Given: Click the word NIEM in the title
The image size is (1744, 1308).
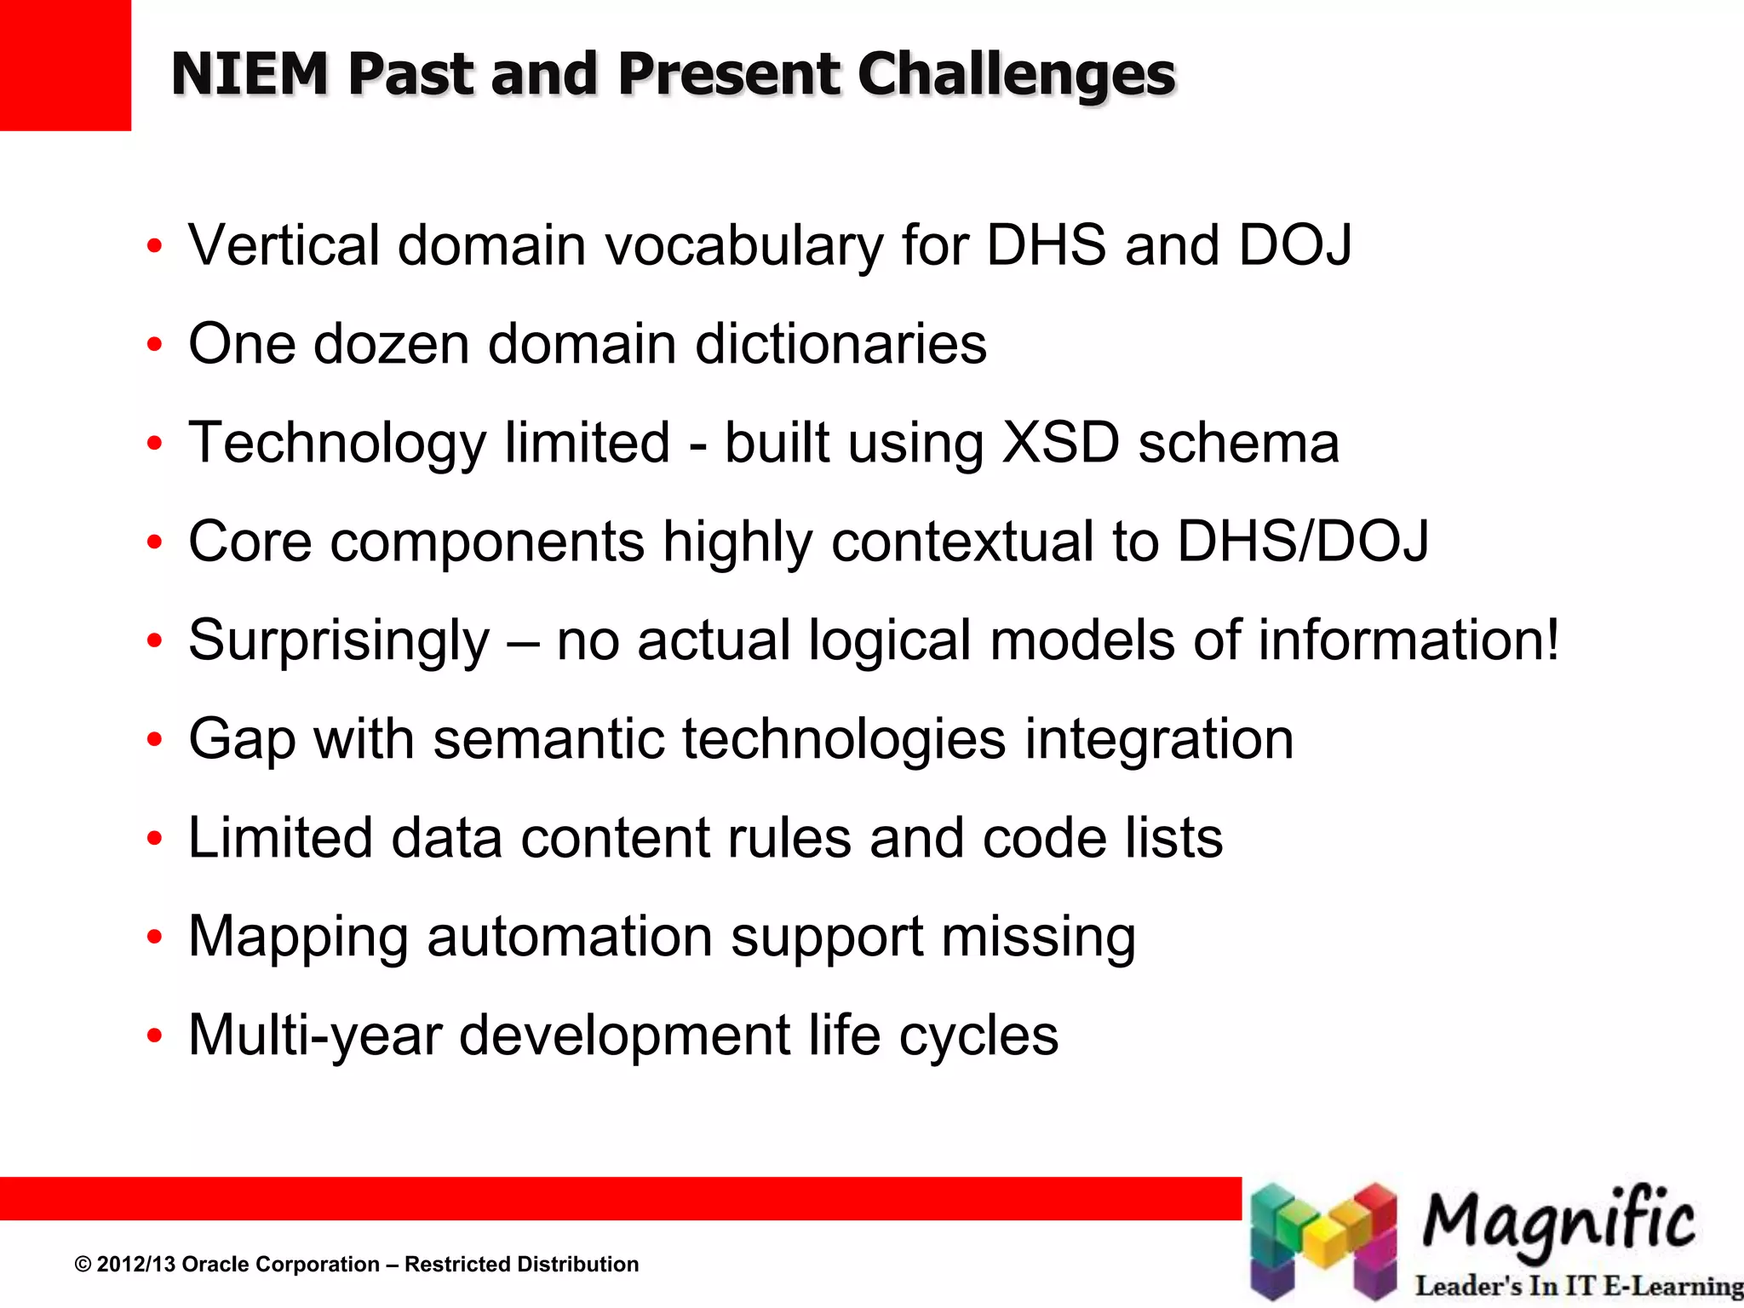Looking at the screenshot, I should click(250, 74).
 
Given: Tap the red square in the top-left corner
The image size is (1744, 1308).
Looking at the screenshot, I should click(65, 65).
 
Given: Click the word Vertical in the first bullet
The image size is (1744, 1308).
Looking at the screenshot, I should click(284, 245).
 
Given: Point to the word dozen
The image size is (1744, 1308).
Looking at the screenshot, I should click(391, 344).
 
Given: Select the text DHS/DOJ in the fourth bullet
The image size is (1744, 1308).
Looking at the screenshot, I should click(1302, 542).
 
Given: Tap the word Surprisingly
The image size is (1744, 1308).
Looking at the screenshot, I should click(339, 642).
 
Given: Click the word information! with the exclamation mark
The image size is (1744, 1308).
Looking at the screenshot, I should click(1408, 640).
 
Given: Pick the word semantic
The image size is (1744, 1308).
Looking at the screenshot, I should click(548, 739).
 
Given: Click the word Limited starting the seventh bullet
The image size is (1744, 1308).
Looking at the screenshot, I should click(280, 838).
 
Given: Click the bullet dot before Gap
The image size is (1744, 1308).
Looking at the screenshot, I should click(154, 740).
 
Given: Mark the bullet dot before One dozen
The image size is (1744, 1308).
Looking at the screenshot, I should click(154, 345).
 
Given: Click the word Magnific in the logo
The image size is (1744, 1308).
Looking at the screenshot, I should click(1558, 1221).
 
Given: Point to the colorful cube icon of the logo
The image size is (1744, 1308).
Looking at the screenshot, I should click(1322, 1240).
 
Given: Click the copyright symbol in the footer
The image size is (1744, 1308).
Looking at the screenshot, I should click(83, 1265).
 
